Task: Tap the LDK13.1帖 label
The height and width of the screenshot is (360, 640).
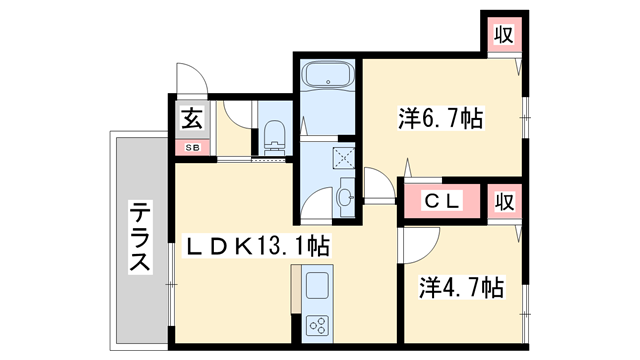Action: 254,244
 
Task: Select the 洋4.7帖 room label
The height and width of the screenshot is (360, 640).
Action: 460,289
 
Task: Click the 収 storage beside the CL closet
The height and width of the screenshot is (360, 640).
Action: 505,200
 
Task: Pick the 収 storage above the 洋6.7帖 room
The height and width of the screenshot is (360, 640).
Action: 505,35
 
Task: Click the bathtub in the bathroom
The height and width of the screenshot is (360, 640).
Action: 327,77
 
